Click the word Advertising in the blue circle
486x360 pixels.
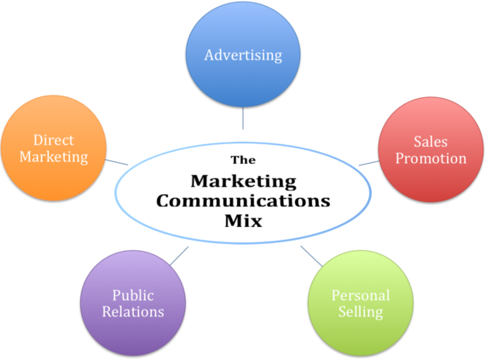coord(243,55)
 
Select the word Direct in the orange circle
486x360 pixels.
coord(54,140)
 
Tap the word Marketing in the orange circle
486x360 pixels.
coord(54,157)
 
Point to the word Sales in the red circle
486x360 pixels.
coord(431,142)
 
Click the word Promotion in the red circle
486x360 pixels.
coord(431,159)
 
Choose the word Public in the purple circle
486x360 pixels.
coord(133,295)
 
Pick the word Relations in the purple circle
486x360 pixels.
coord(133,311)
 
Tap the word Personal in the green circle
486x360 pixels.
coord(361,295)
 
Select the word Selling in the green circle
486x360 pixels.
coord(361,312)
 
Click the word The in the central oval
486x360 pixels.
coord(243,160)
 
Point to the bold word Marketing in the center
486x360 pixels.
coord(244,182)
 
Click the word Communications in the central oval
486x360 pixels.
coord(243,201)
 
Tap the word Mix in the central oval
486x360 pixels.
coord(244,221)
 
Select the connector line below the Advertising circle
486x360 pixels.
coord(243,118)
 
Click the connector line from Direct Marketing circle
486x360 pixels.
coord(117,162)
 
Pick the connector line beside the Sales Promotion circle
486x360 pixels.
coord(369,163)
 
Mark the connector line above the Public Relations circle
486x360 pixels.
coord(179,256)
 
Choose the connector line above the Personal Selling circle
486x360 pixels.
coord(311,256)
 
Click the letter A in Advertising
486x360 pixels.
coord(210,55)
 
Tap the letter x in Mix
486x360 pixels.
coord(257,223)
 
